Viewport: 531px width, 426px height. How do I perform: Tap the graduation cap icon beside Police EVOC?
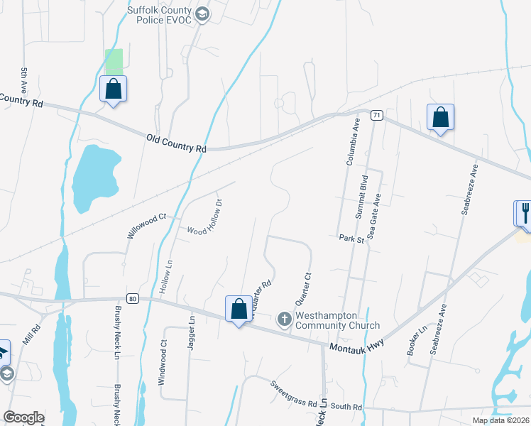click(x=202, y=15)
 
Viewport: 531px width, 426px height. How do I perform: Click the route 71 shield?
click(x=376, y=114)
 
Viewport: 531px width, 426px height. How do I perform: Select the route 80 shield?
click(x=132, y=298)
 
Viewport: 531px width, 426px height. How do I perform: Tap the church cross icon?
click(x=284, y=319)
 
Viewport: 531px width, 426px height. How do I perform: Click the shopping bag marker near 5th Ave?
click(x=113, y=89)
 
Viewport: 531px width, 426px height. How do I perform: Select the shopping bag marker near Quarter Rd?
click(x=239, y=309)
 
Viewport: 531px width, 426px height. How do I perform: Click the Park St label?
click(x=351, y=239)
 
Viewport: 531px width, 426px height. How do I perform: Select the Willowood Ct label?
click(x=146, y=221)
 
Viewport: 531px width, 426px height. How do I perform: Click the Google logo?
click(x=23, y=417)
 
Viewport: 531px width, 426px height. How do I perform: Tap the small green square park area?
click(x=114, y=60)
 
